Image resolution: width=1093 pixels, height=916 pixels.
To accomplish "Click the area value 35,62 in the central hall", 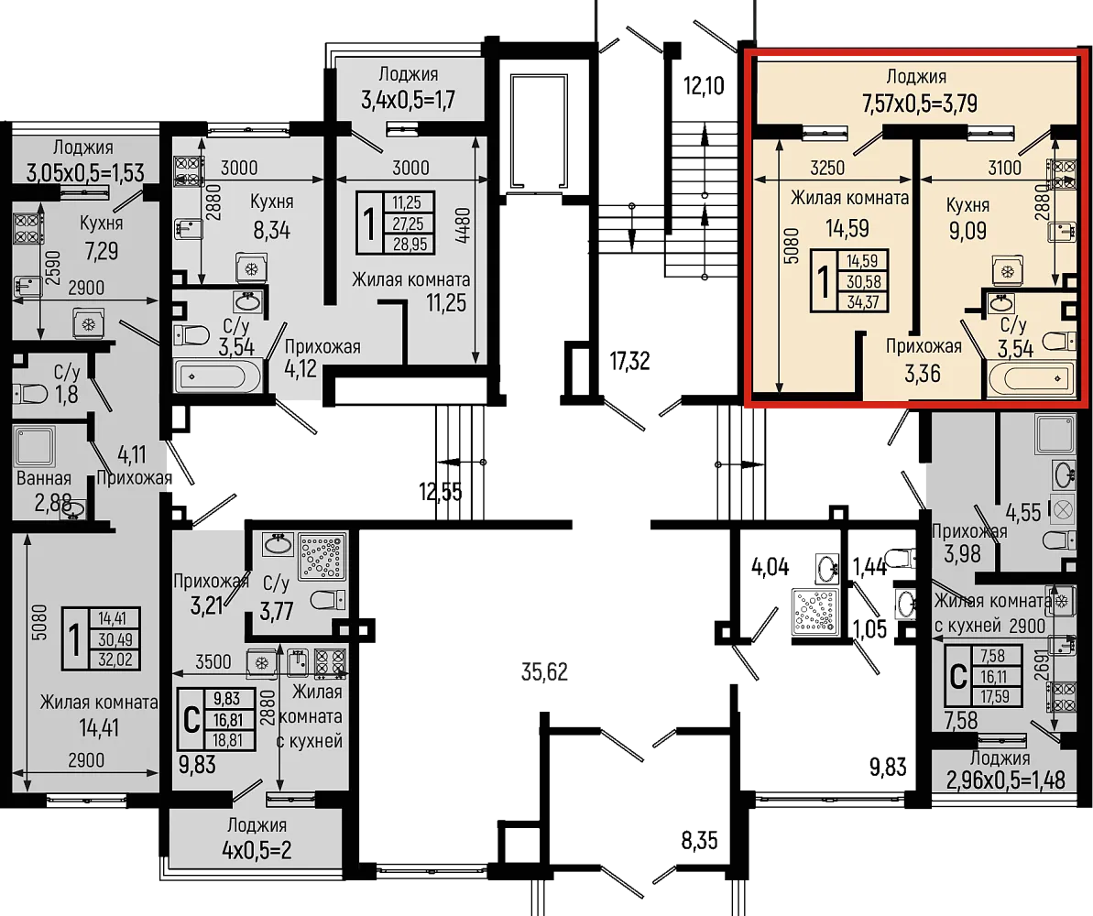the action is click(x=544, y=671).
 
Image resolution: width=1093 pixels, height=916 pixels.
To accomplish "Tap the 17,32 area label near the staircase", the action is click(x=629, y=361).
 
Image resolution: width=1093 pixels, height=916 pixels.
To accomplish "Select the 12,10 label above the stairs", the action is click(x=704, y=86).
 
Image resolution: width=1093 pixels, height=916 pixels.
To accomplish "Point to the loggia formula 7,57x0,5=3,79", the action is click(x=920, y=104).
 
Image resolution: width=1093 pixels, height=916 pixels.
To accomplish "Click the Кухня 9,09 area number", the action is click(x=967, y=230).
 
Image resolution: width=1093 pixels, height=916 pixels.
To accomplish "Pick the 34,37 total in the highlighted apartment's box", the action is click(x=862, y=302).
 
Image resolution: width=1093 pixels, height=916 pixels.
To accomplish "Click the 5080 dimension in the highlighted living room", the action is click(x=792, y=245).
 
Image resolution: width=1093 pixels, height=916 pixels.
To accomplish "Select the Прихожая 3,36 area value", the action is click(x=923, y=374).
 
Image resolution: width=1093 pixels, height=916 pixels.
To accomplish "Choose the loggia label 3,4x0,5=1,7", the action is click(x=408, y=100).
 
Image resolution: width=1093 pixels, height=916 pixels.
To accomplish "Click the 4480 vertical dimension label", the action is click(x=465, y=225).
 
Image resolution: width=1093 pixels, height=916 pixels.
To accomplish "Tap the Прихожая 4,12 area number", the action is click(x=301, y=368).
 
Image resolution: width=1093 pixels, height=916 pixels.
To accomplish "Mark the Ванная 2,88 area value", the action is click(x=53, y=502).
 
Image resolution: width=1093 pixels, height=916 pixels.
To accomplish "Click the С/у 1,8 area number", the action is click(x=67, y=395).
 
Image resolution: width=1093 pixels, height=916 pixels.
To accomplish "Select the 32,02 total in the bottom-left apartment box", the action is click(x=115, y=659).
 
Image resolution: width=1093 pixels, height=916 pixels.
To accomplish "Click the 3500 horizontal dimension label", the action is click(x=213, y=660).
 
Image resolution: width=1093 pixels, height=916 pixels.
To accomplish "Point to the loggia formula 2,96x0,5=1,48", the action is click(x=1006, y=780).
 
